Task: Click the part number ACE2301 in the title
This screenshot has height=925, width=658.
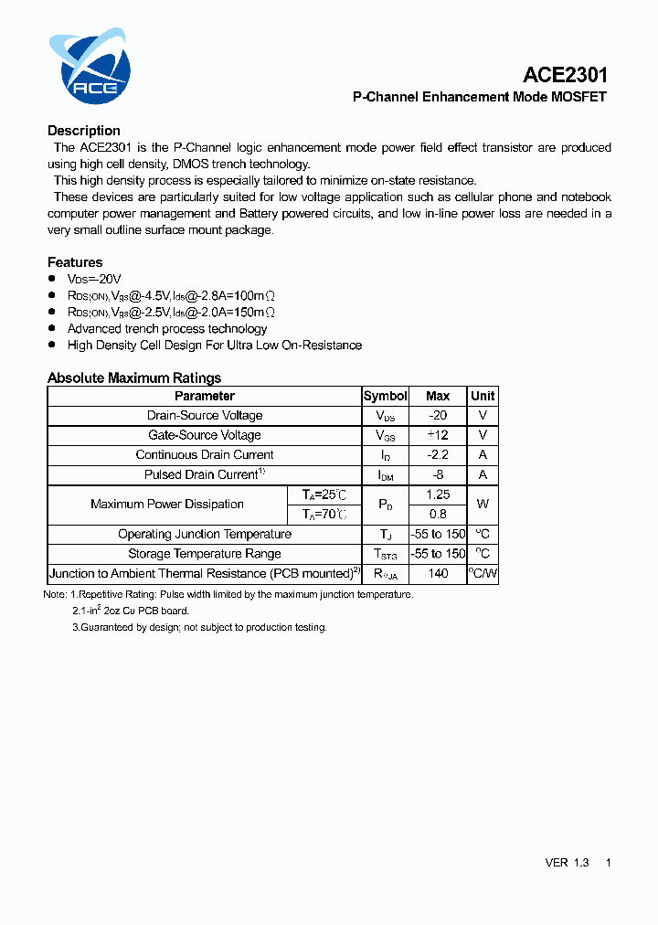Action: coord(565,75)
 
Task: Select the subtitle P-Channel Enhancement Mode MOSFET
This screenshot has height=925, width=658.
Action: coord(480,97)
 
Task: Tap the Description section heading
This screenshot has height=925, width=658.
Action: coord(84,131)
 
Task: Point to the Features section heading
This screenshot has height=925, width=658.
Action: coord(75,262)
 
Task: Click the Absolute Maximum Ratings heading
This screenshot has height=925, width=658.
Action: coord(134,377)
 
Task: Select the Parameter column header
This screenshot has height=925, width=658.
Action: coord(205,396)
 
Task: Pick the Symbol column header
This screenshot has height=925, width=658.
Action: coord(385,396)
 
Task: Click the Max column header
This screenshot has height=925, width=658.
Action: coord(438,396)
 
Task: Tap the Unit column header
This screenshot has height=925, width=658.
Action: coord(483,396)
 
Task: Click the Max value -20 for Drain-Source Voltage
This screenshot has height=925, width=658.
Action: coord(438,416)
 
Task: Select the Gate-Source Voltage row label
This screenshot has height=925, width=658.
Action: coord(205,435)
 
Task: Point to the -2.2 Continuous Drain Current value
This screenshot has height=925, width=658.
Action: coord(438,455)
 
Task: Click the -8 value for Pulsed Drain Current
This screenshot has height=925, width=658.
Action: coord(438,474)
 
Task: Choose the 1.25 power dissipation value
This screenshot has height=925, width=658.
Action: coord(438,494)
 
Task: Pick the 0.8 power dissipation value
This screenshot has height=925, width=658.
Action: coord(438,514)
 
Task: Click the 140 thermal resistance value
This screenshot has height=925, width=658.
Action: coord(438,574)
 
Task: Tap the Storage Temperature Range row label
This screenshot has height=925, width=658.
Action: coord(205,554)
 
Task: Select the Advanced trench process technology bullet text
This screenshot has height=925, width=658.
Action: coord(167,329)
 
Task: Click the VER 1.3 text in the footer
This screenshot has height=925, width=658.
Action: coord(567,863)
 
